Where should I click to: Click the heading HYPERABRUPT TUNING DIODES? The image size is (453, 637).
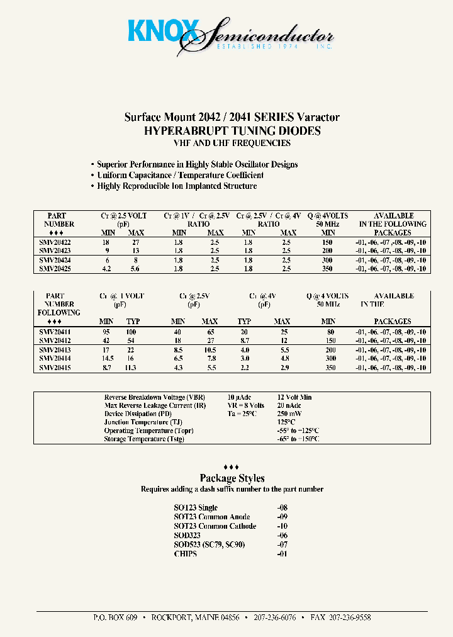232,131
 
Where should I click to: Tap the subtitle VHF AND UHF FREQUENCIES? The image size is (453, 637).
232,143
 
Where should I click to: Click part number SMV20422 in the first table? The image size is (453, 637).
55,242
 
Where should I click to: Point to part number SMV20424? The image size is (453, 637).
55,260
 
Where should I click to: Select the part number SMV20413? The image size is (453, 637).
55,350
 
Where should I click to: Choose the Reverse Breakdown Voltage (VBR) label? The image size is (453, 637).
154,398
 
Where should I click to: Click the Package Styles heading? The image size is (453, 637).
232,478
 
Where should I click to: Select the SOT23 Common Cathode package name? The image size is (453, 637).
215,526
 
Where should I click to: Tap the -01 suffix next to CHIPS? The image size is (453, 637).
282,554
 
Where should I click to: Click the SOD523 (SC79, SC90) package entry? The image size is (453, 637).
210,544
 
